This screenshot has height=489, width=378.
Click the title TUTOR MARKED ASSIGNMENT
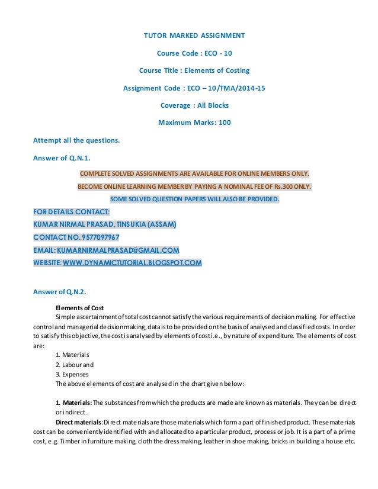click(x=194, y=36)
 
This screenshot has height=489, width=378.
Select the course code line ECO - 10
click(x=194, y=53)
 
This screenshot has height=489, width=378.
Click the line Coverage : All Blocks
click(x=194, y=105)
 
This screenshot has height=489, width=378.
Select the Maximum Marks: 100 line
click(x=194, y=123)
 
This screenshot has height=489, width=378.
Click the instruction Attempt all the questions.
click(x=76, y=140)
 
